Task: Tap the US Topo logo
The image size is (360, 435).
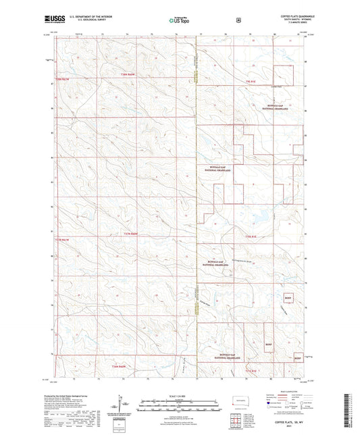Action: pos(178,21)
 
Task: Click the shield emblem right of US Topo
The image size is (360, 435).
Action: pos(238,20)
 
